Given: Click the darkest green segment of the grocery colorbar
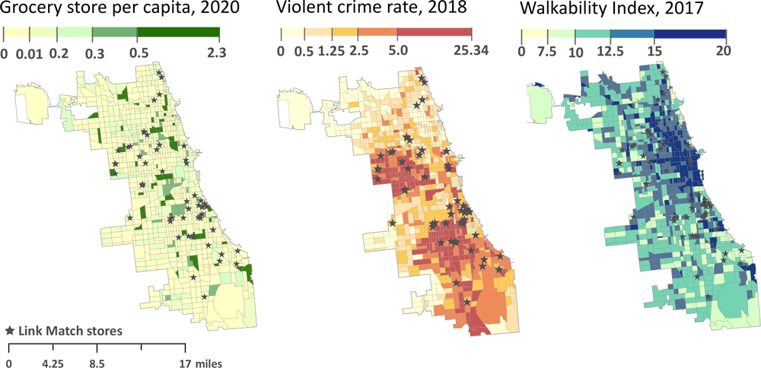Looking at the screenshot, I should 178,34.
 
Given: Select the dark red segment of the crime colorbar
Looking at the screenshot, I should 435,34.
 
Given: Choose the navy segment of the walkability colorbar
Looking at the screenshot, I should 690,34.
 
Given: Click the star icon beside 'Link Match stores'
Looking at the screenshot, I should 10,332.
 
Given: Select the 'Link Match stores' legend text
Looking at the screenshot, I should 70,332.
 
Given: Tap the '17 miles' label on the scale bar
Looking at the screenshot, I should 202,363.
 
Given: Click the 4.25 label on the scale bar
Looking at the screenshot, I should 53,363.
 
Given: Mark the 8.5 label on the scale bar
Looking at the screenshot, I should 97,363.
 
